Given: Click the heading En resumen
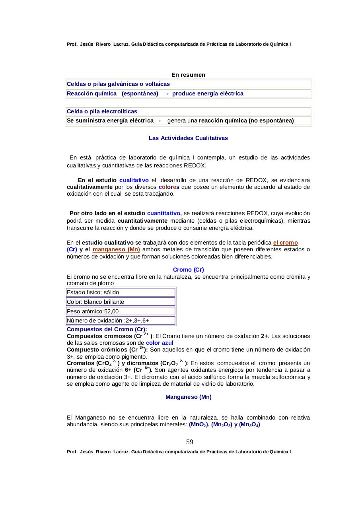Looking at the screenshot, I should [x=188, y=75].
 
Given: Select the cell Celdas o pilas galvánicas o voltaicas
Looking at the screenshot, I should [x=119, y=84].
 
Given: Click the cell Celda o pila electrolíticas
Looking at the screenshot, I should [x=102, y=111].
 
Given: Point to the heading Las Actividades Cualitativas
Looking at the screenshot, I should [x=188, y=138].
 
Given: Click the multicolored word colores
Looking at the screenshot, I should [x=169, y=187].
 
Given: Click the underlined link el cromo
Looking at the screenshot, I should [x=285, y=243].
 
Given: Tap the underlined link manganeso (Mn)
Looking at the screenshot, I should [x=116, y=249].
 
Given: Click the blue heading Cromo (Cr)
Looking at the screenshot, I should [x=188, y=270].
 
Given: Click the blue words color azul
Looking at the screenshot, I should [x=160, y=343].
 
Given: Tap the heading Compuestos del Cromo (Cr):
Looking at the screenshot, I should [x=107, y=329].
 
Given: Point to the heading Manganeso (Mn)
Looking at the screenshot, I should [x=188, y=397].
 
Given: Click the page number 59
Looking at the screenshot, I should [x=190, y=442].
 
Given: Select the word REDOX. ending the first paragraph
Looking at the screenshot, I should [x=195, y=165].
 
